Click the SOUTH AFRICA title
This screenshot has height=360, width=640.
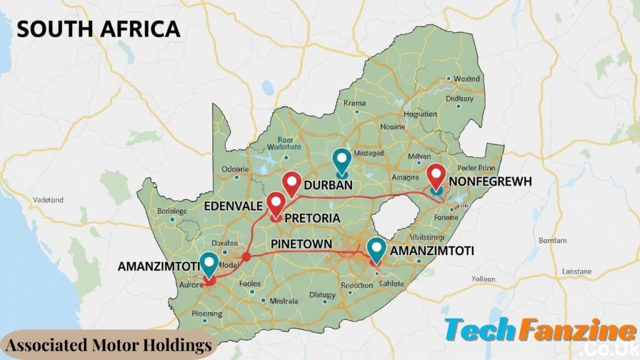98,29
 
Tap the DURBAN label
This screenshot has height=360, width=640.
328,186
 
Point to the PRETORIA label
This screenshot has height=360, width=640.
312,219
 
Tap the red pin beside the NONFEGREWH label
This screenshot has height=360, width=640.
436,176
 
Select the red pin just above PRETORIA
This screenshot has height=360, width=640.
276,204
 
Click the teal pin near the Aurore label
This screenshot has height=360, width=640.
209,264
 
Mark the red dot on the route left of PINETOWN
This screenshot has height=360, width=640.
246,257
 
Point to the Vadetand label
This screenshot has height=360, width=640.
47,200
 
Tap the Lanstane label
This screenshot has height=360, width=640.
576,272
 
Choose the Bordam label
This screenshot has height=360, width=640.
552,240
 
